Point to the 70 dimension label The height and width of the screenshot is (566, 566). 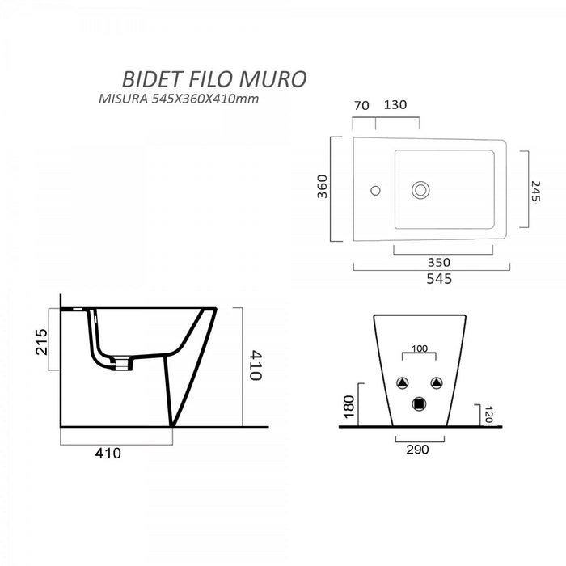[x=361, y=105]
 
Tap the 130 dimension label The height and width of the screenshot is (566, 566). [x=396, y=105]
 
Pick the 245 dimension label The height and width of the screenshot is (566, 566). [x=534, y=188]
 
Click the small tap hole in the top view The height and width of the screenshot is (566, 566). [x=374, y=192]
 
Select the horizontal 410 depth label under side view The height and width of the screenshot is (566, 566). [x=108, y=453]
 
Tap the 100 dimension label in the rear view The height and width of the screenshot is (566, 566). [x=420, y=348]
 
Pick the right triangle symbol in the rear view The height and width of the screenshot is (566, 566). [x=437, y=383]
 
